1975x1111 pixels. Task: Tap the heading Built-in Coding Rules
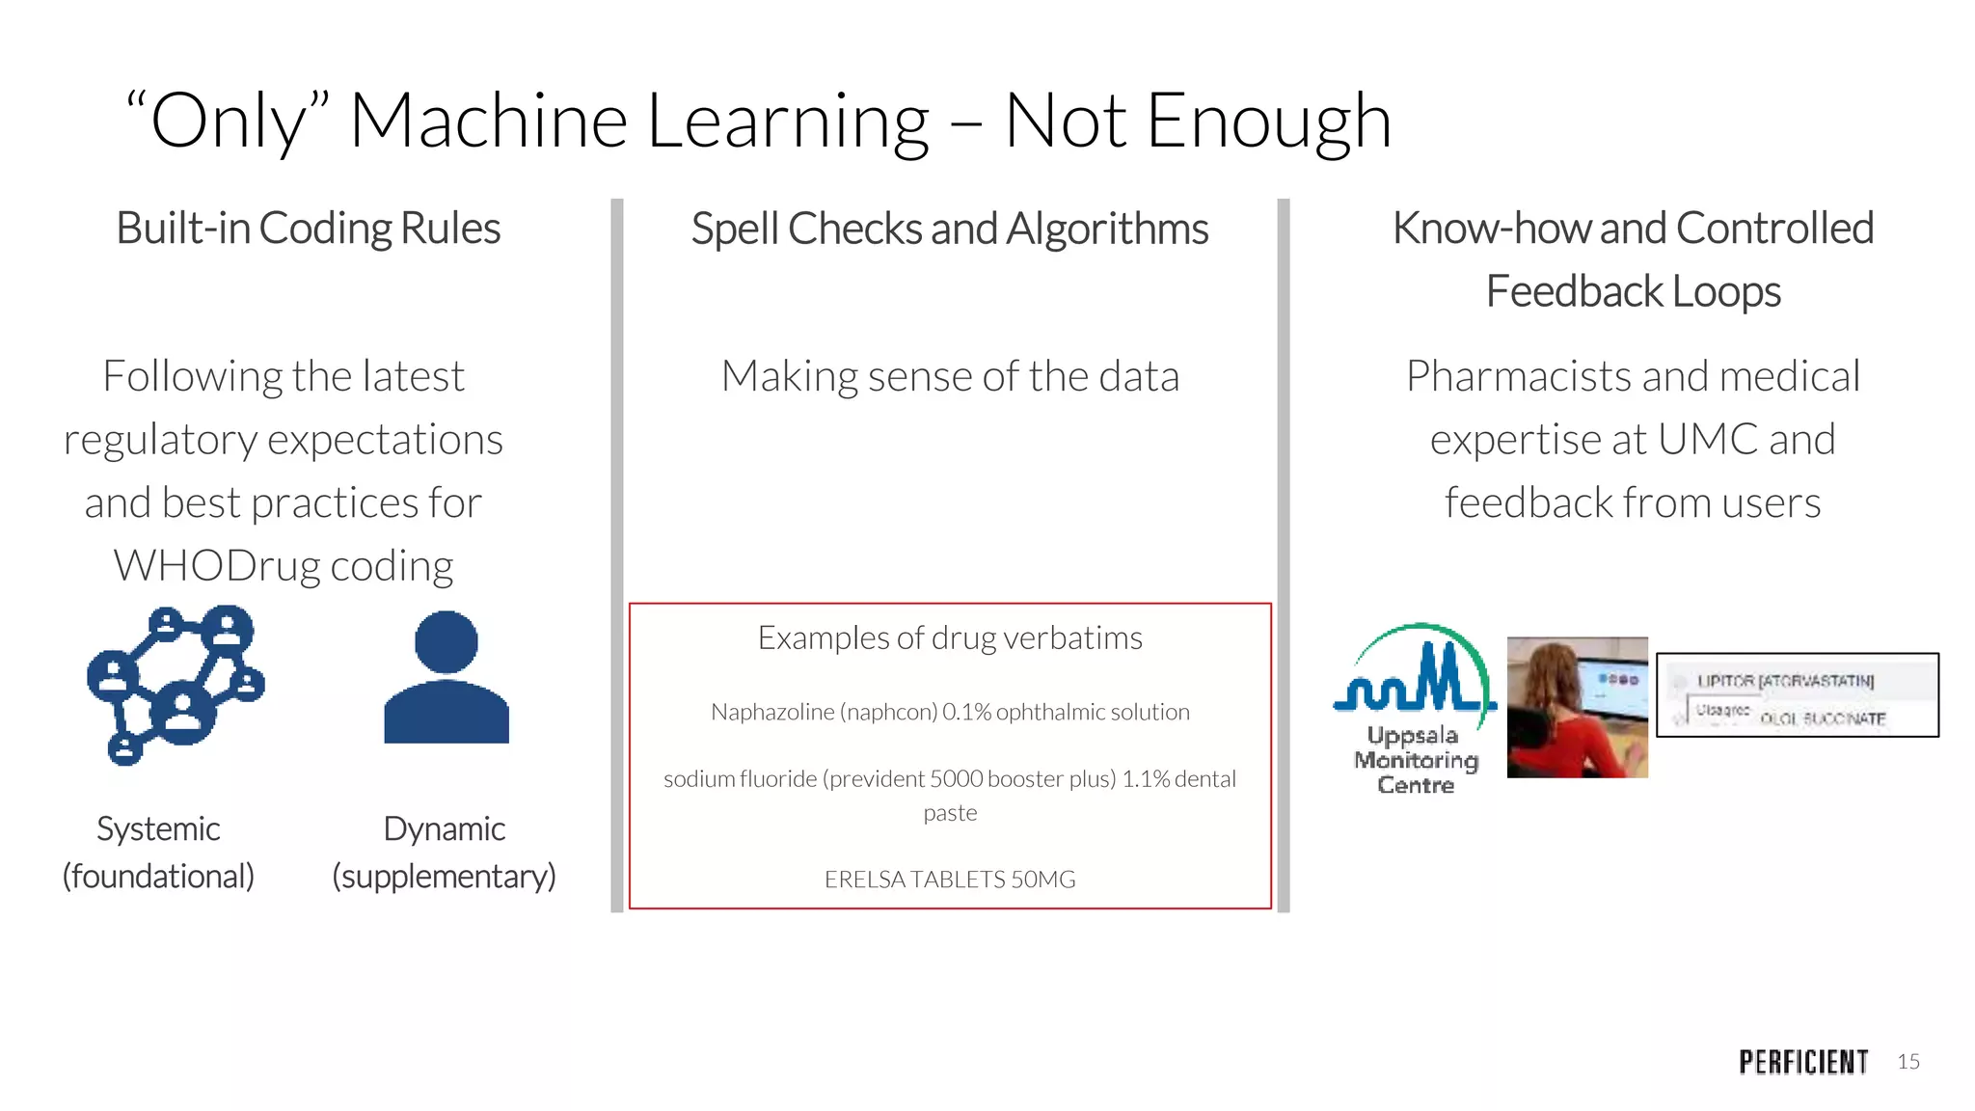click(308, 229)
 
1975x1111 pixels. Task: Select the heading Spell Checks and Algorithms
click(949, 230)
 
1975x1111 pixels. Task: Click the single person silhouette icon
click(446, 677)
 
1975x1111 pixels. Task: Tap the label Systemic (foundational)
click(158, 853)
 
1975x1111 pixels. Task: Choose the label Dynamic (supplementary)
click(444, 853)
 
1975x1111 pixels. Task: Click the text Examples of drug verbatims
click(949, 637)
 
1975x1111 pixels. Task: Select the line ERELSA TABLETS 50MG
click(949, 880)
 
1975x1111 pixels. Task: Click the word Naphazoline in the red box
click(771, 713)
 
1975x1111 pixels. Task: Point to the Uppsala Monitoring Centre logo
click(1415, 708)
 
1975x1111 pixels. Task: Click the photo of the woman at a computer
click(1577, 707)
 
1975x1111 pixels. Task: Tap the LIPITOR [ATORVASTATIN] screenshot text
click(1785, 681)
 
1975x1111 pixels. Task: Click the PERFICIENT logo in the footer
click(1803, 1062)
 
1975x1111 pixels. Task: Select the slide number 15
click(1908, 1062)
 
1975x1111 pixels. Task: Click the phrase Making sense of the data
click(949, 376)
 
